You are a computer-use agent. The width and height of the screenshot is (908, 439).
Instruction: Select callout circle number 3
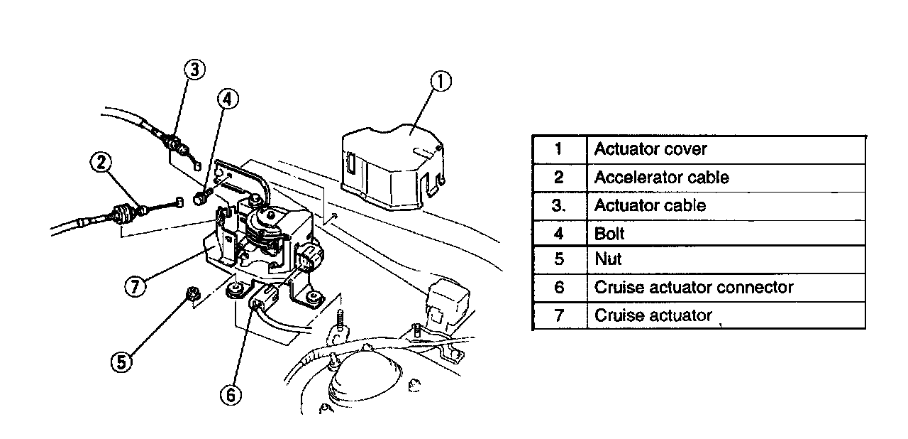(x=195, y=70)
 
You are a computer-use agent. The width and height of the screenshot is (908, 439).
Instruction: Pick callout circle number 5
(x=122, y=362)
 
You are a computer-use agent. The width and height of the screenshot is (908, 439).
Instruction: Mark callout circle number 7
(x=135, y=286)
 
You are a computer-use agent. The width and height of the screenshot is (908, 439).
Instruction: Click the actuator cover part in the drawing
(x=392, y=168)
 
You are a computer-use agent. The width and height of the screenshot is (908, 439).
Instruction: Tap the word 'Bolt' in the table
(x=609, y=233)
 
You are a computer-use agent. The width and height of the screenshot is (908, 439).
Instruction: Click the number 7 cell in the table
(x=559, y=315)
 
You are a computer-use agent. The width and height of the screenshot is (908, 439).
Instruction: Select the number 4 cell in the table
(x=559, y=233)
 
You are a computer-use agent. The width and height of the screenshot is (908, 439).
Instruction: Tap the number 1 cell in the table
(x=559, y=150)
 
